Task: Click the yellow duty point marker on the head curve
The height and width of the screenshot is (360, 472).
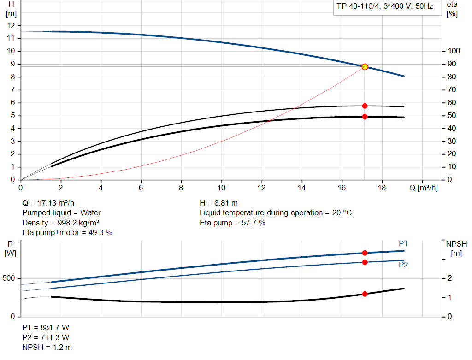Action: (365, 67)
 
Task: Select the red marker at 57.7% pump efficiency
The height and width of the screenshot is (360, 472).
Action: (365, 106)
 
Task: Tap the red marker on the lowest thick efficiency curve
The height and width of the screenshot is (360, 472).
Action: (365, 117)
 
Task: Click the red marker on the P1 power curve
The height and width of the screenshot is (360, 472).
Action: (365, 253)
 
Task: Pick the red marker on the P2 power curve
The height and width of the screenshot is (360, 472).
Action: (365, 262)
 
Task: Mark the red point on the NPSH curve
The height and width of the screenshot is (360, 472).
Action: (365, 294)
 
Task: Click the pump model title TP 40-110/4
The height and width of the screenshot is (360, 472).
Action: (385, 7)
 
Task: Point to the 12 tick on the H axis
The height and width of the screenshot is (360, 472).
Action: (11, 26)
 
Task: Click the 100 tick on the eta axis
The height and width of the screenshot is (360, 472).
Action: (454, 51)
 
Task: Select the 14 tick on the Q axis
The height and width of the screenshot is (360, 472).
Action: (302, 188)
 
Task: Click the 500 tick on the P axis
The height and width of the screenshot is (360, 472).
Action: (9, 278)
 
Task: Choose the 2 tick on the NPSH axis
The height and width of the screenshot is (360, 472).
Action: (450, 278)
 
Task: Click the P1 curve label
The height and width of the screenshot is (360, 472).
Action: (403, 243)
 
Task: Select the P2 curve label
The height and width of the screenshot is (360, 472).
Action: (403, 265)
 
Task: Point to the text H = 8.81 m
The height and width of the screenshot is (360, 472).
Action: (219, 203)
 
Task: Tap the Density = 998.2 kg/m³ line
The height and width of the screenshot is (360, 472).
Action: (61, 223)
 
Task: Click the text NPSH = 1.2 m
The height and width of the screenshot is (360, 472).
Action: (47, 347)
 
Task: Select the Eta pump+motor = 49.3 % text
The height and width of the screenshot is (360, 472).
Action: (67, 233)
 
